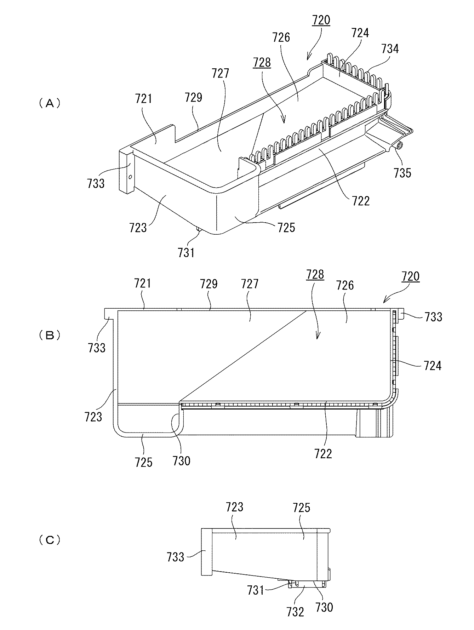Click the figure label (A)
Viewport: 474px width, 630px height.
pos(50,103)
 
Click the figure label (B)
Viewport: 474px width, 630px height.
pos(50,335)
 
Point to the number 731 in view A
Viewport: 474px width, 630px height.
pos(186,252)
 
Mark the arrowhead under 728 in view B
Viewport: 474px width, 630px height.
pos(317,337)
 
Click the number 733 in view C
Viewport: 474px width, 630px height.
pos(176,557)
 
